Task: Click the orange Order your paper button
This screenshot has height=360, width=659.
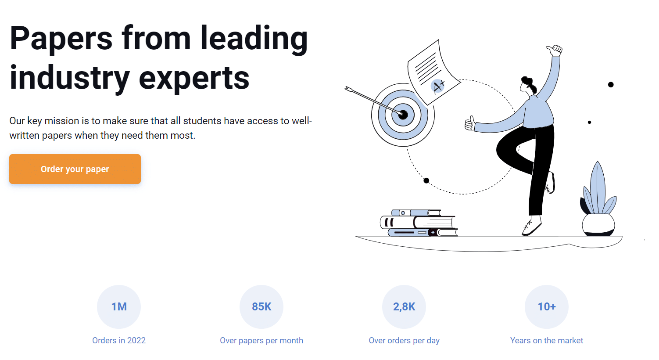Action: pyautogui.click(x=75, y=169)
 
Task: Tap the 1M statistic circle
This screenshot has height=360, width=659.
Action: pyautogui.click(x=119, y=306)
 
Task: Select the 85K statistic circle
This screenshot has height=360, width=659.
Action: pyautogui.click(x=261, y=306)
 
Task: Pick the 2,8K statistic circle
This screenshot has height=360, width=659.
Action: pyautogui.click(x=404, y=306)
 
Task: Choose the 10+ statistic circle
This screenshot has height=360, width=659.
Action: pyautogui.click(x=547, y=306)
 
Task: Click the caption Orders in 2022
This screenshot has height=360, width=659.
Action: pyautogui.click(x=119, y=340)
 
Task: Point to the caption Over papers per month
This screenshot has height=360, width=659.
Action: pyautogui.click(x=261, y=340)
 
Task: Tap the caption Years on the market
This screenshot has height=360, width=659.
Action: pyautogui.click(x=547, y=340)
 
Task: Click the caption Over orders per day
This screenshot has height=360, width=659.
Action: pyautogui.click(x=404, y=340)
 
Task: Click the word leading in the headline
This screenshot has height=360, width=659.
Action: pyautogui.click(x=254, y=39)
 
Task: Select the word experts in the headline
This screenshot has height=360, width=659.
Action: pyautogui.click(x=194, y=78)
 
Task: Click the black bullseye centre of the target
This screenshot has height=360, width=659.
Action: pyautogui.click(x=403, y=115)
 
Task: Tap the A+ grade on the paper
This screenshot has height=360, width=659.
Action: pyautogui.click(x=438, y=86)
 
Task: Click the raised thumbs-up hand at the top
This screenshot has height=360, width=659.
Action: pyautogui.click(x=555, y=50)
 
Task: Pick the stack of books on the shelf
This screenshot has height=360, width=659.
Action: pyautogui.click(x=419, y=223)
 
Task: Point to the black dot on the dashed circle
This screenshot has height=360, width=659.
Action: pyautogui.click(x=426, y=180)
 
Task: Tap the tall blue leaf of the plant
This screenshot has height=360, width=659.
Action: pyautogui.click(x=597, y=184)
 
